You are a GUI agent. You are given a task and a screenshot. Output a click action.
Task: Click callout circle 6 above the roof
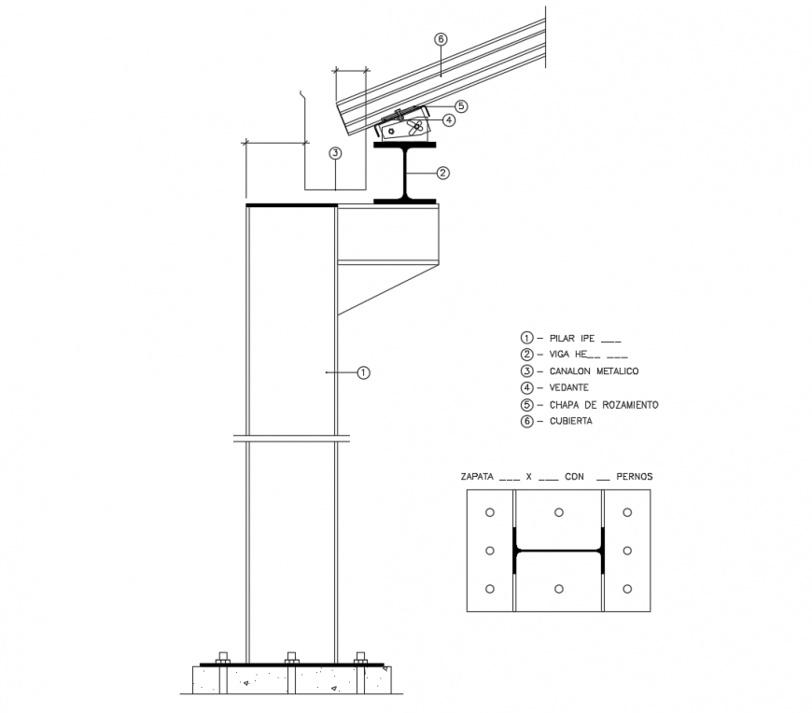441,40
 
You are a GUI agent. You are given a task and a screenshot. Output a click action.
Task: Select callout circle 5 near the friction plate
461,106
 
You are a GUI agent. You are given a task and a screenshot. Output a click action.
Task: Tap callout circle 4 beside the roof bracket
449,120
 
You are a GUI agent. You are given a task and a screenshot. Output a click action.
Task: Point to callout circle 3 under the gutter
334,154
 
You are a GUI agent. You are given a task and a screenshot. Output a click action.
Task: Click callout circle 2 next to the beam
443,173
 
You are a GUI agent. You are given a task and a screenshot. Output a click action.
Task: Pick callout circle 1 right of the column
364,372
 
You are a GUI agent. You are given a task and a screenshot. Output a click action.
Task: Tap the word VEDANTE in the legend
568,388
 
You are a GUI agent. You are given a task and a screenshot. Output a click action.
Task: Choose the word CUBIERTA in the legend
571,421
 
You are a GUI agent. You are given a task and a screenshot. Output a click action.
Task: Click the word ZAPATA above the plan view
477,477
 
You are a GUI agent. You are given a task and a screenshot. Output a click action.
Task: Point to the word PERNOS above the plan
635,477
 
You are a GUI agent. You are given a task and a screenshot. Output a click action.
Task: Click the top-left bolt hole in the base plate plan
490,512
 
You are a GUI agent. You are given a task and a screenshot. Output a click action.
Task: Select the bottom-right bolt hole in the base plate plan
627,589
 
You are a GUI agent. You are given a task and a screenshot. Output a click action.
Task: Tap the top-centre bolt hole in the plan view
558,512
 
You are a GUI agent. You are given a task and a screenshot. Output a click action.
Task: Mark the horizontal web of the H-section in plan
558,551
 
